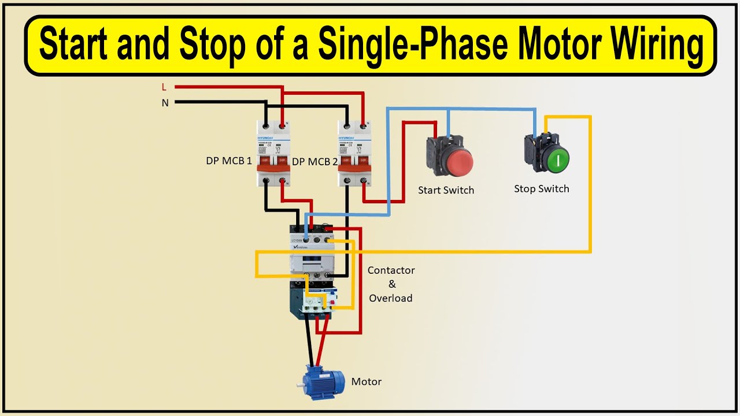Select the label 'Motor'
(367, 382)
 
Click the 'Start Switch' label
(446, 190)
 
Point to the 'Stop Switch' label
(542, 189)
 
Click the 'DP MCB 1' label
(229, 161)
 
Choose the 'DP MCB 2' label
(314, 162)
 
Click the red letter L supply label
(164, 87)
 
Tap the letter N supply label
(165, 103)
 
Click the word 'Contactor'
(391, 270)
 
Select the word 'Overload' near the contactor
(391, 298)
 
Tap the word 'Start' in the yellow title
(73, 46)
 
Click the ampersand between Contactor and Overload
(392, 284)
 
